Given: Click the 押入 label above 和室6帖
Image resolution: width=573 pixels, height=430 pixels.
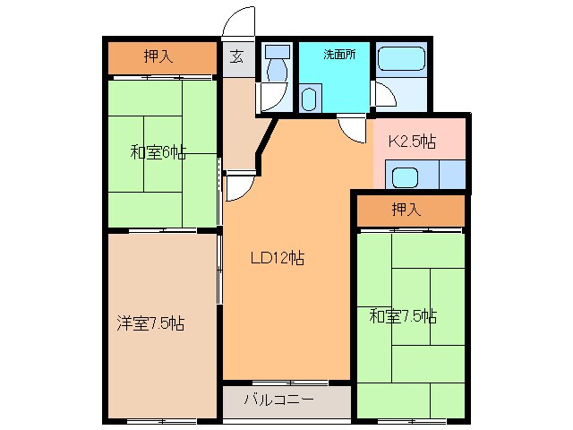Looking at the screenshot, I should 158,57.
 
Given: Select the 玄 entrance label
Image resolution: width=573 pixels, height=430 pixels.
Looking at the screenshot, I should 236,56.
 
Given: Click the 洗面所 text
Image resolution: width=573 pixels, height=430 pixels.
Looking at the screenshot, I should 340,54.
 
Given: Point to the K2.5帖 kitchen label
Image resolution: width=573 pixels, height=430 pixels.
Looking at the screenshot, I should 412,142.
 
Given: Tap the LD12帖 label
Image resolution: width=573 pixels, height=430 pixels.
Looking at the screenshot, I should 277,259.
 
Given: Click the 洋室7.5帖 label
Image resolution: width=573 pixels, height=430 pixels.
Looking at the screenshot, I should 150,323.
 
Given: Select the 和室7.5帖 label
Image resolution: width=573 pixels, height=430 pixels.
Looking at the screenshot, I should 403,315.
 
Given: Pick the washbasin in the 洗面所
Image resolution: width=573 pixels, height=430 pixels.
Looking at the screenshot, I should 310,98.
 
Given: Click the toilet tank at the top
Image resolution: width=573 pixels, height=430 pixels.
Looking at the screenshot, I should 278,53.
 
